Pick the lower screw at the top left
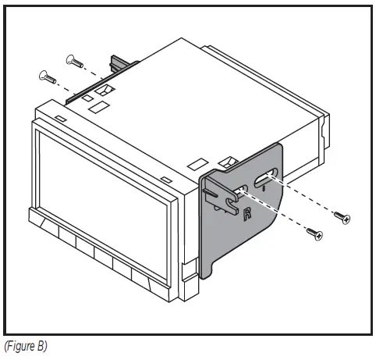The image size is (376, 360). [x=43, y=76]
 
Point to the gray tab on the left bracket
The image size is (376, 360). [x=122, y=64]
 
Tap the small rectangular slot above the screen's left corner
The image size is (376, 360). [x=60, y=119]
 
